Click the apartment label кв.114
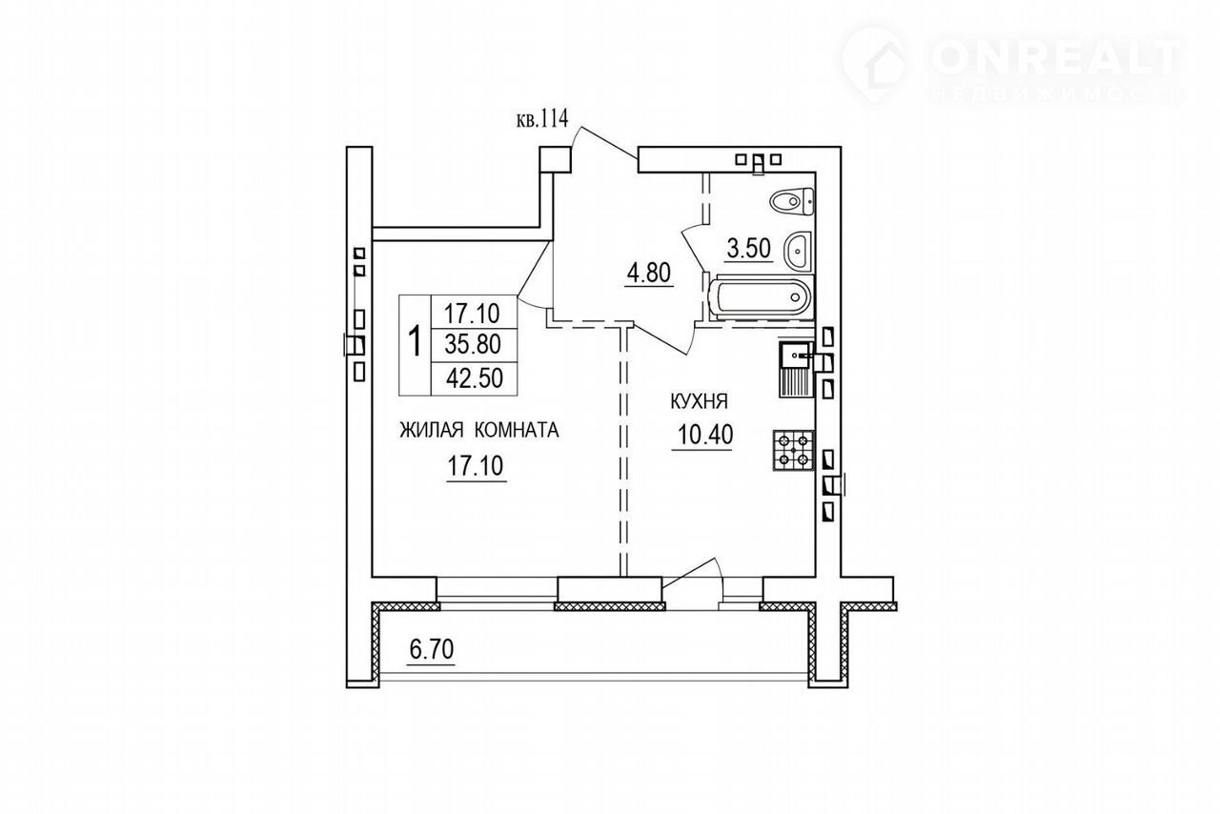click(x=542, y=118)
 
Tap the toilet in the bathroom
click(x=792, y=202)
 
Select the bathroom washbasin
click(x=798, y=250)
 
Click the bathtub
click(x=762, y=297)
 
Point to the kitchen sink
click(x=796, y=370)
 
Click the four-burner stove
click(x=793, y=450)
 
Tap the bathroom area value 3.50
click(x=749, y=250)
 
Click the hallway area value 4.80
click(x=649, y=273)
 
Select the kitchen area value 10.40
click(x=705, y=435)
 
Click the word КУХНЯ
click(x=699, y=402)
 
